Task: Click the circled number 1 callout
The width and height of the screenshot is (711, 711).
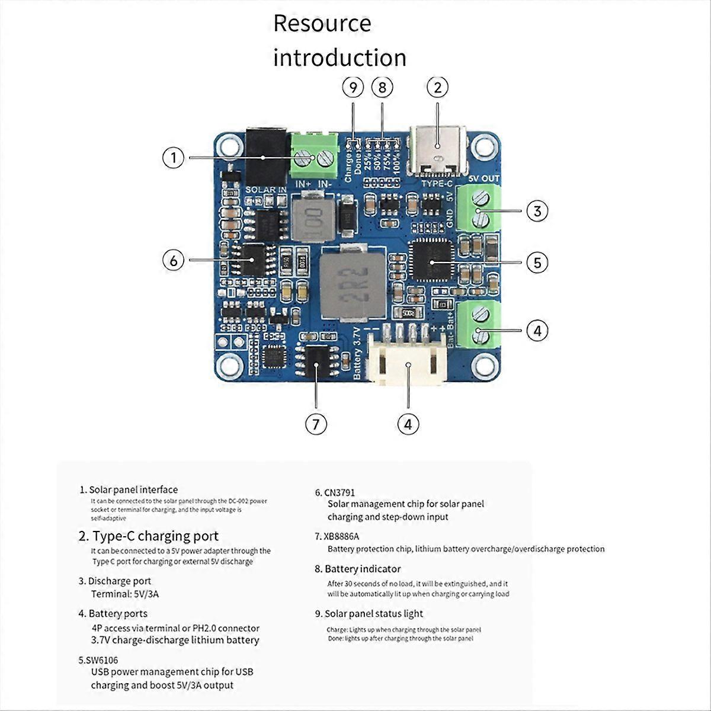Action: [174, 158]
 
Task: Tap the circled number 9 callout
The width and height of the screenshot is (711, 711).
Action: [353, 88]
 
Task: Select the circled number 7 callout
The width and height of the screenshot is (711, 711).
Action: [316, 424]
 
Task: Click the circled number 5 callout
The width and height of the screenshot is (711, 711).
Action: [537, 262]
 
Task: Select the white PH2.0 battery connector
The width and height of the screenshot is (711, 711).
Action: [408, 358]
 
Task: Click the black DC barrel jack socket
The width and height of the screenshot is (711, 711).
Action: [265, 157]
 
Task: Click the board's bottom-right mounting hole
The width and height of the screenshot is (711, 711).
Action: [484, 364]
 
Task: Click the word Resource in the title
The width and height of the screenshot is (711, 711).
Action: [322, 24]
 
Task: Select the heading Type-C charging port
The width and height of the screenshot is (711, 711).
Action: [155, 536]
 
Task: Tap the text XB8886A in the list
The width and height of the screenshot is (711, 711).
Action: [341, 537]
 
